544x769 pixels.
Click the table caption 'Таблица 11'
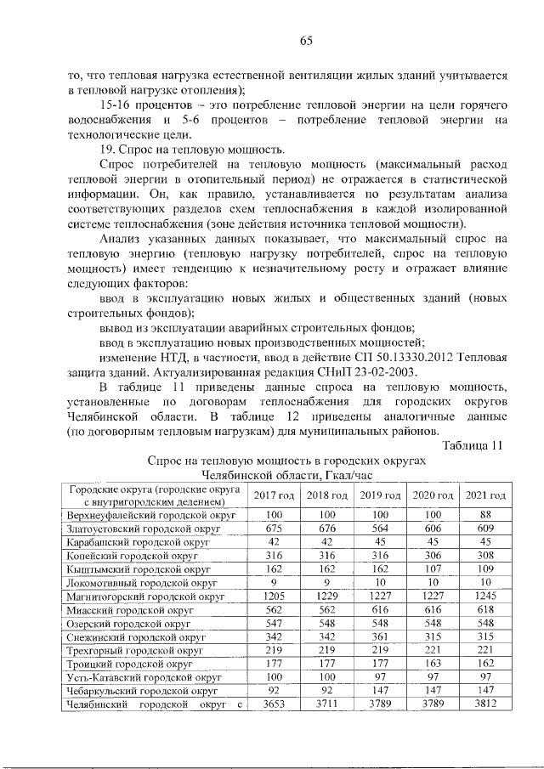474,444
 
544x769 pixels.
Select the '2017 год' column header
274,495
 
